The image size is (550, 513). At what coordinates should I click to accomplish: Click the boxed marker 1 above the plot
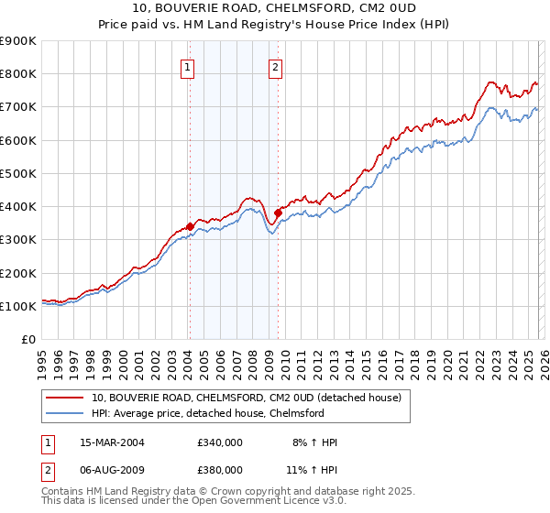pyautogui.click(x=187, y=66)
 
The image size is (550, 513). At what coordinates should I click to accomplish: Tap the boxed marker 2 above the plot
pyautogui.click(x=275, y=66)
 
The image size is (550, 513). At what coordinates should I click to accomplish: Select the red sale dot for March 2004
pyautogui.click(x=190, y=226)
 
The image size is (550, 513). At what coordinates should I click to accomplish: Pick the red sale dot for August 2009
pyautogui.click(x=278, y=213)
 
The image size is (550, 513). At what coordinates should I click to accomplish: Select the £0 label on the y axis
pyautogui.click(x=27, y=340)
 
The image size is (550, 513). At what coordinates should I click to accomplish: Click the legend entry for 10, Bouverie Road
pyautogui.click(x=246, y=398)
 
